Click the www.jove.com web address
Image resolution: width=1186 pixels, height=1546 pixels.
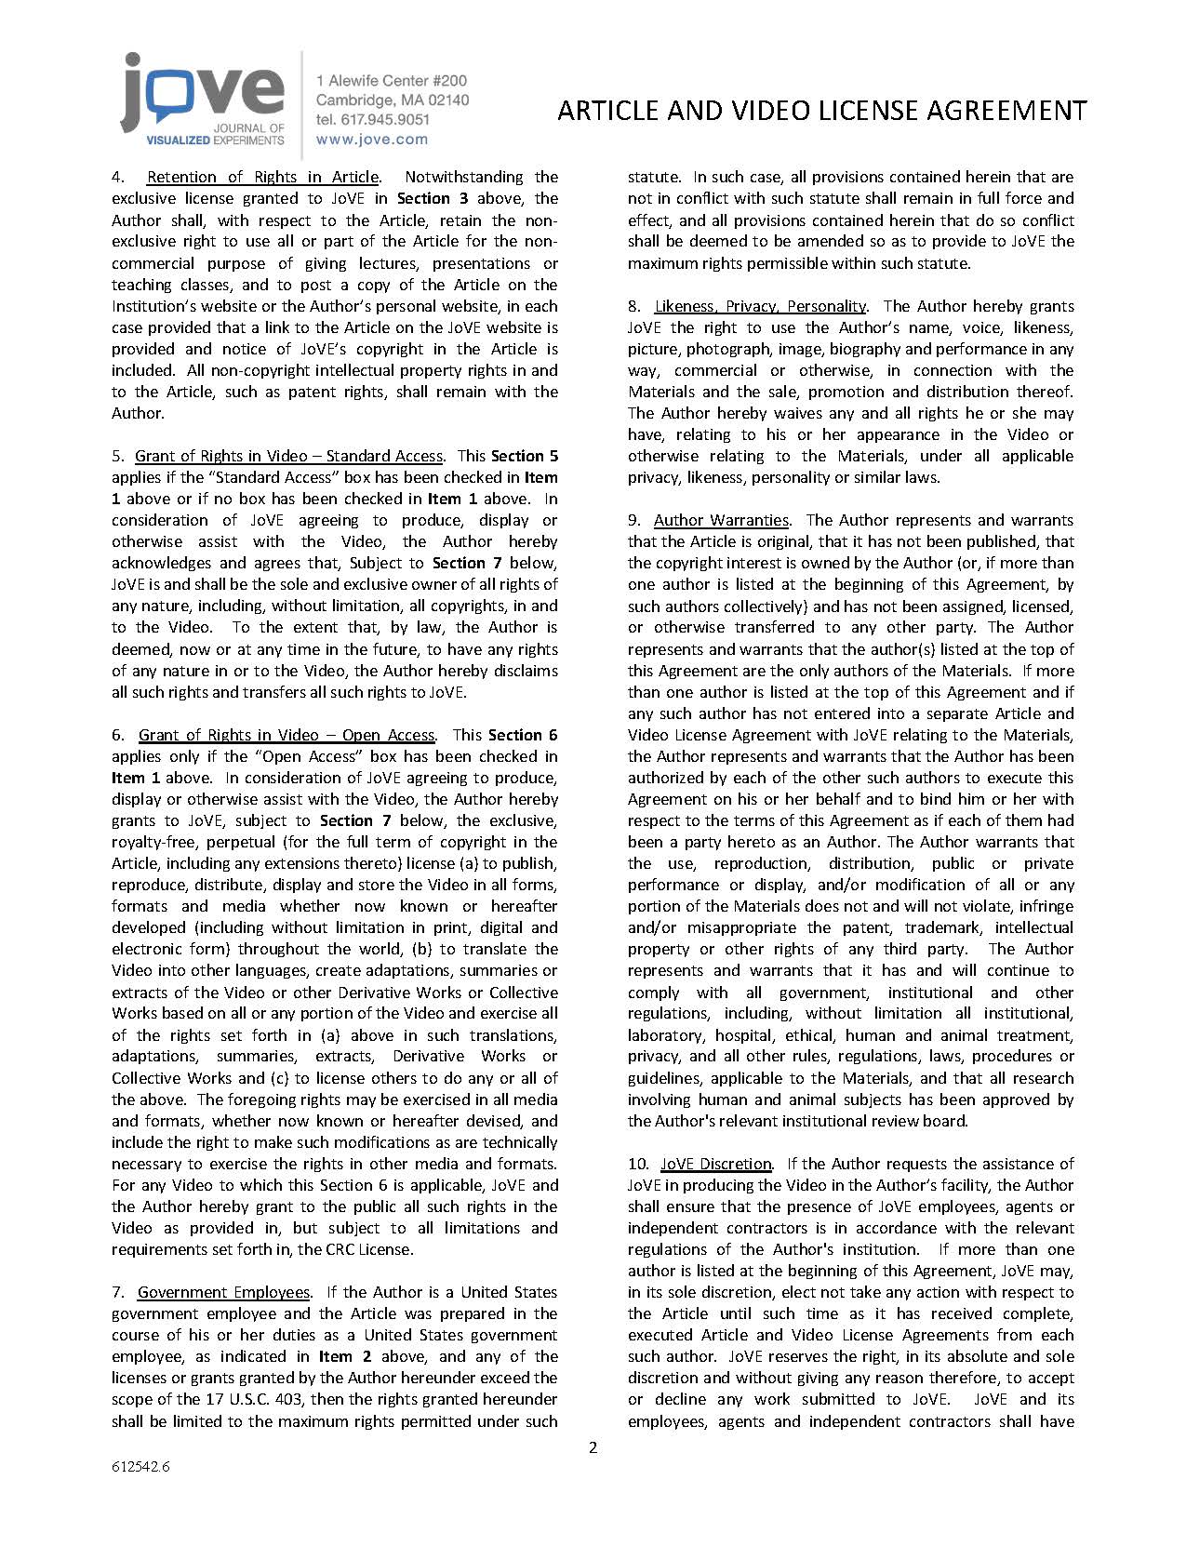(x=372, y=140)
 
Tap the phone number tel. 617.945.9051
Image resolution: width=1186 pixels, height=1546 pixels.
(x=372, y=119)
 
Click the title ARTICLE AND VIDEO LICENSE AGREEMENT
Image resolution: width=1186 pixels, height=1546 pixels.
(x=821, y=111)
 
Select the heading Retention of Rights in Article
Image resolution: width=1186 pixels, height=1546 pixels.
(x=262, y=177)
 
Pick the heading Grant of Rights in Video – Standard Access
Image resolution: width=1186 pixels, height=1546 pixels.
(x=288, y=456)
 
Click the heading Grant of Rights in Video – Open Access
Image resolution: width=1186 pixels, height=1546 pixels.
(x=287, y=735)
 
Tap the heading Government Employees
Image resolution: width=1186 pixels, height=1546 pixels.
(x=223, y=1292)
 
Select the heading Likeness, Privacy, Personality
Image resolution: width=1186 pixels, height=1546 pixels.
(x=760, y=306)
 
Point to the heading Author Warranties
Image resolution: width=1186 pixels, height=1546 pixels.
(x=721, y=520)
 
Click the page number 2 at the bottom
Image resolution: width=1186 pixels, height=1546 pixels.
(x=593, y=1447)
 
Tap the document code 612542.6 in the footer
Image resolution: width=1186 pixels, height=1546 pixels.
(x=140, y=1467)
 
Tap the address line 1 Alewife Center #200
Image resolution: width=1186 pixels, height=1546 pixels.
(x=392, y=82)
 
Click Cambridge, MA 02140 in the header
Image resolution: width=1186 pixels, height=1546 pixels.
(x=392, y=100)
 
